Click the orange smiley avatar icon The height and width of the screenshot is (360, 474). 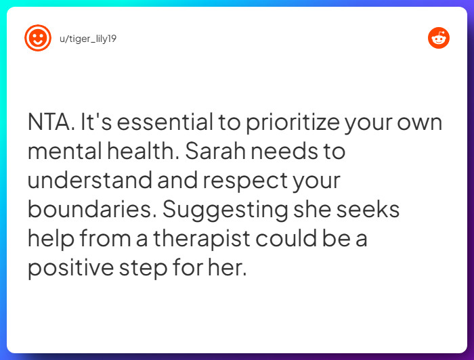pyautogui.click(x=38, y=38)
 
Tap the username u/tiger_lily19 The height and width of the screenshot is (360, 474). pyautogui.click(x=89, y=38)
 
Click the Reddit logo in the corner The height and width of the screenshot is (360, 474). pyautogui.click(x=439, y=38)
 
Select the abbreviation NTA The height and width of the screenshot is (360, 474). pyautogui.click(x=50, y=123)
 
